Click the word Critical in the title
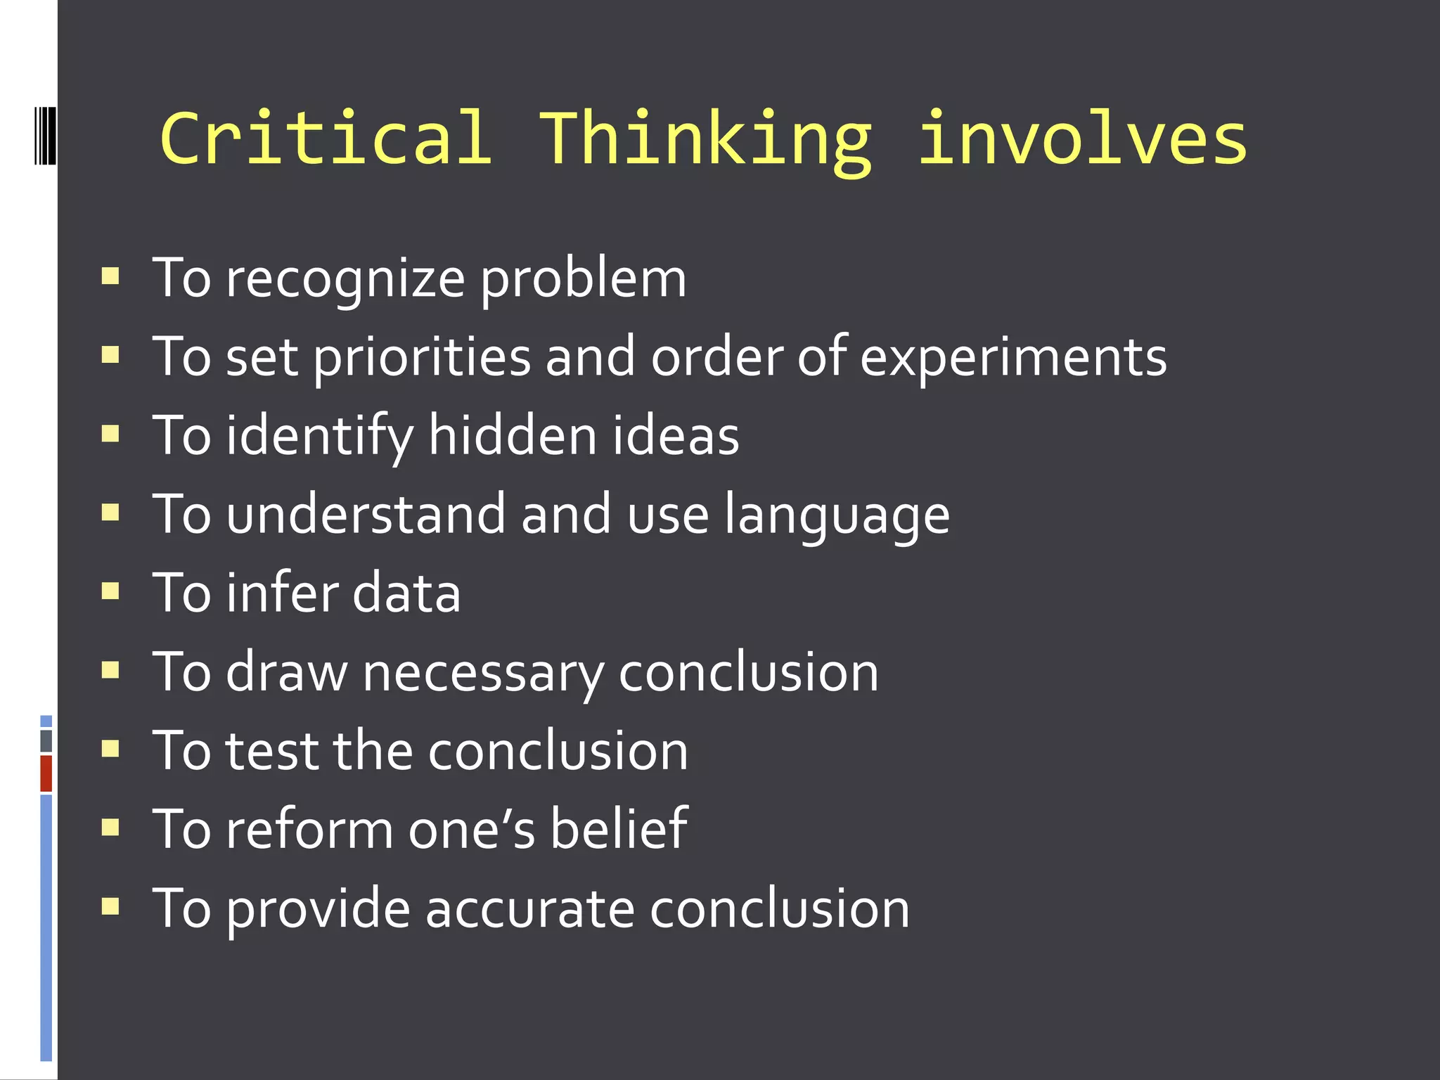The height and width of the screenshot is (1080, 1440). [326, 139]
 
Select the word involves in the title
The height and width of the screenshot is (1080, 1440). [1083, 139]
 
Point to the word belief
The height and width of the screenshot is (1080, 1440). [619, 829]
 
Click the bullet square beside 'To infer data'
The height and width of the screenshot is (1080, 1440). [110, 591]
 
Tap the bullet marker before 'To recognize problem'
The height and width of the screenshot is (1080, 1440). [110, 276]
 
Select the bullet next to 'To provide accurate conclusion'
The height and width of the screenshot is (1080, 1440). [110, 906]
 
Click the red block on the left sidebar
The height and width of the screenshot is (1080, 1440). [46, 773]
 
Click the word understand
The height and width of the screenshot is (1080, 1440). [366, 515]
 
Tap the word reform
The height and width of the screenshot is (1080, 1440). [309, 830]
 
